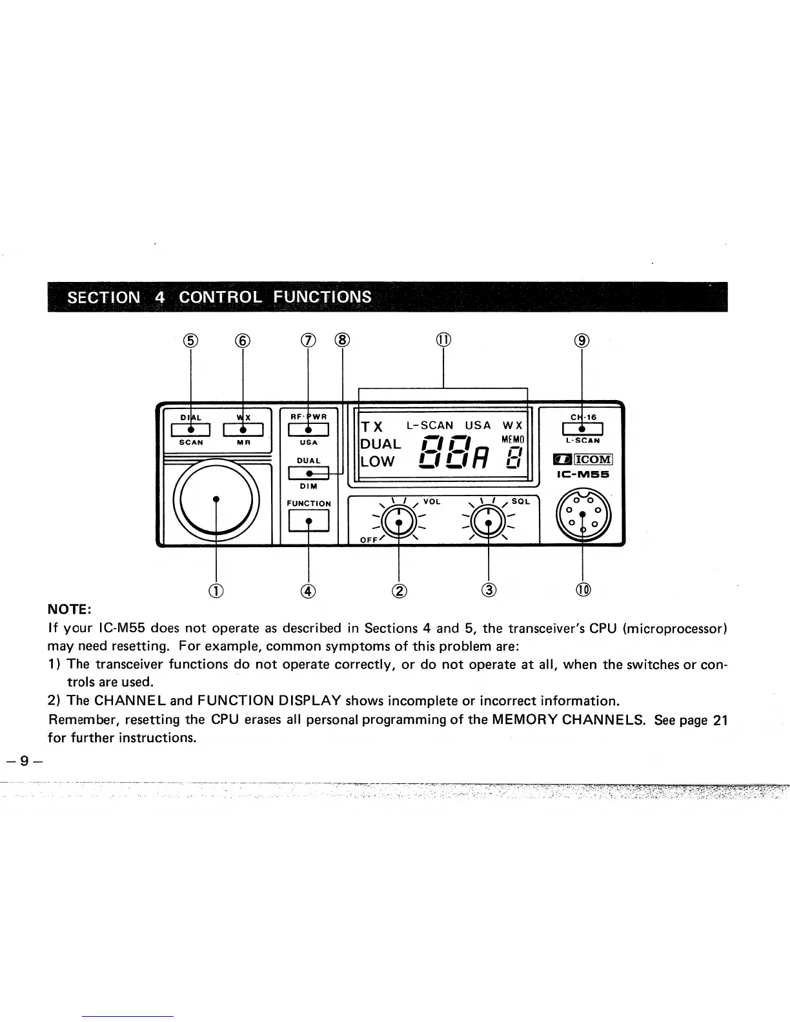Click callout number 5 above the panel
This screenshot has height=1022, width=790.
pos(190,340)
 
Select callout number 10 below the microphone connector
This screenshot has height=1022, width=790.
pos(583,589)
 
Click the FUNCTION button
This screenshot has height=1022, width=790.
pos(309,519)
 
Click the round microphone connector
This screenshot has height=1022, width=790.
pos(582,514)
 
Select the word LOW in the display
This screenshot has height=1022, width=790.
pos(377,462)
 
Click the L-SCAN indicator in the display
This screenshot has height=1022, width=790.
pos(430,426)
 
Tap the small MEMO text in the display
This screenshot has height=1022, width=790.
pos(514,439)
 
